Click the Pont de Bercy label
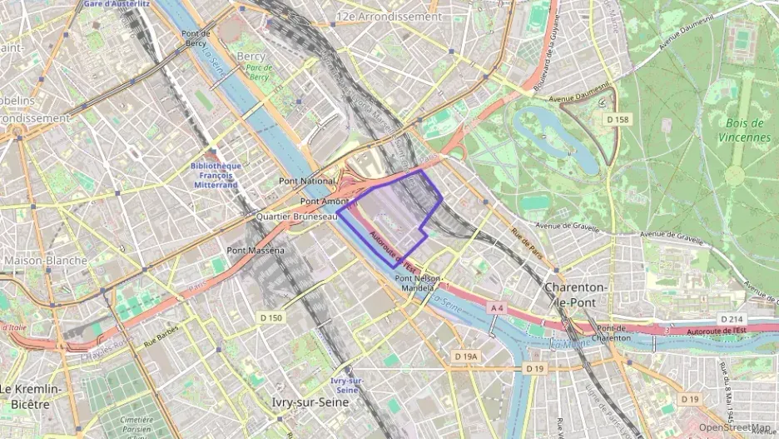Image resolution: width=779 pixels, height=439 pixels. click(x=195, y=38)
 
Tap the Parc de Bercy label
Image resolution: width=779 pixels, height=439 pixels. click(x=259, y=72)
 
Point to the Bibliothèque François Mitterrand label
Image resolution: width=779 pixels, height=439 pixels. click(x=215, y=175)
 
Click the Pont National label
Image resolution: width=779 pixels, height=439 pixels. click(x=306, y=180)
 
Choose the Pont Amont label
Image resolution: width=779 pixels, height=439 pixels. click(x=324, y=202)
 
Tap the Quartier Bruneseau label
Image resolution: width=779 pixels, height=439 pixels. click(x=296, y=216)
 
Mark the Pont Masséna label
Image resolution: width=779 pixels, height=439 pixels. click(x=256, y=250)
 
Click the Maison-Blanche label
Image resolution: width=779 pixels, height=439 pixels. click(x=45, y=261)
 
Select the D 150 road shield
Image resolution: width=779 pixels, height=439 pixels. click(x=270, y=317)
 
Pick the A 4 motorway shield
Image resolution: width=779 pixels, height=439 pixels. click(x=497, y=308)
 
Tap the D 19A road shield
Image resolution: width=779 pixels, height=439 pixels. click(x=467, y=356)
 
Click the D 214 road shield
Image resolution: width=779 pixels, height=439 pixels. click(x=731, y=320)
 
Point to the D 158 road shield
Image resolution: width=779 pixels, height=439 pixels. click(x=618, y=120)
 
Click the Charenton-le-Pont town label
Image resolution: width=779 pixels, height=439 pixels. click(x=575, y=295)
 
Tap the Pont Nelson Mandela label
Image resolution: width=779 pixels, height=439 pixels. click(x=417, y=283)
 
